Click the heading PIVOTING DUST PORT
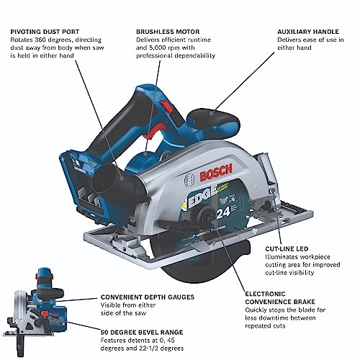[45, 32]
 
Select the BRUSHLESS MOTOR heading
[168, 32]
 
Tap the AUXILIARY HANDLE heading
[308, 32]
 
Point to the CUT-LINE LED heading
[287, 248]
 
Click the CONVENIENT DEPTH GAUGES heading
[148, 297]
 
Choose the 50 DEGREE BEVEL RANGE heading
[142, 333]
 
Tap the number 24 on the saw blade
[223, 212]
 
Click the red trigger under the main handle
[153, 132]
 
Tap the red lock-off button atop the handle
[166, 107]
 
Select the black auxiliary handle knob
[211, 119]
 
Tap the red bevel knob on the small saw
[45, 313]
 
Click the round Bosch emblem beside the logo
[189, 180]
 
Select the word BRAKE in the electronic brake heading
[304, 302]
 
